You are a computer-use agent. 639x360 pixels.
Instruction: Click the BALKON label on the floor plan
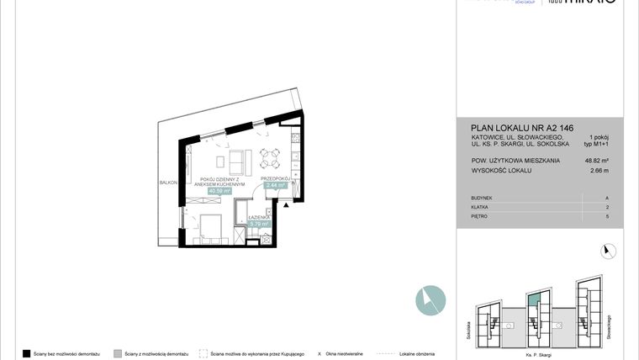pyautogui.click(x=168, y=182)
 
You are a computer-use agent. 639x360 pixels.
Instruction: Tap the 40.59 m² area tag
pyautogui.click(x=220, y=191)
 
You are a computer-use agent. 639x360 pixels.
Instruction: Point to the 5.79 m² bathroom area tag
pyautogui.click(x=259, y=224)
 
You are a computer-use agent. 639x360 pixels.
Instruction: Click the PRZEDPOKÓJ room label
pyautogui.click(x=276, y=177)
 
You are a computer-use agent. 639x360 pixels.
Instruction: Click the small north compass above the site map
pyautogui.click(x=608, y=250)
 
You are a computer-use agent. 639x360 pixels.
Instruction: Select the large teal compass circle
pyautogui.click(x=430, y=300)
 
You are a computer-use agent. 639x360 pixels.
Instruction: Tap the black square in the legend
pyautogui.click(x=27, y=353)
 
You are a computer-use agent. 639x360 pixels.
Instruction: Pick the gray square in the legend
pyautogui.click(x=118, y=353)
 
